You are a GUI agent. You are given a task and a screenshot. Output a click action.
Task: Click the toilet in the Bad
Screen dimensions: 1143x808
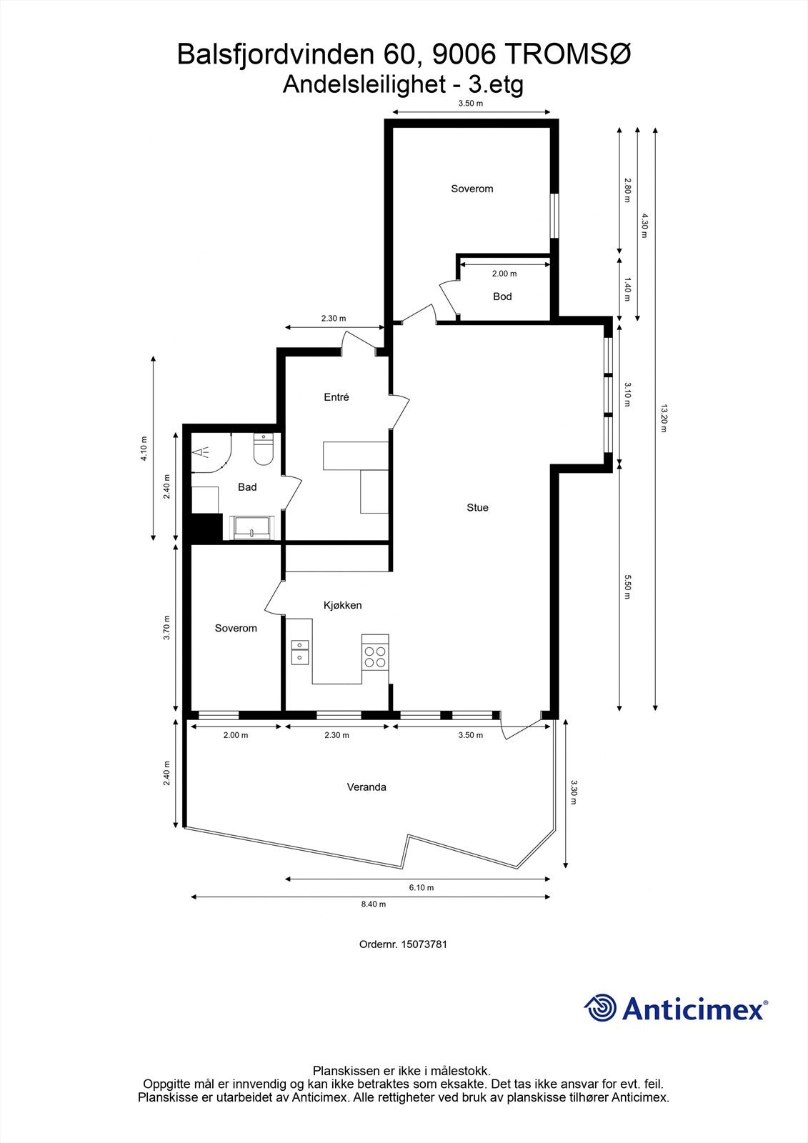pyautogui.click(x=264, y=451)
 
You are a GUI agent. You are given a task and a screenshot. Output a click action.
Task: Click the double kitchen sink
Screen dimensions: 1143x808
pyautogui.click(x=300, y=652)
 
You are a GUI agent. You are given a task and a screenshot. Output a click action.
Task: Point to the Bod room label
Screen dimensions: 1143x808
pyautogui.click(x=502, y=296)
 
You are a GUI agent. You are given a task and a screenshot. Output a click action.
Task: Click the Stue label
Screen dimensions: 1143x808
pyautogui.click(x=477, y=507)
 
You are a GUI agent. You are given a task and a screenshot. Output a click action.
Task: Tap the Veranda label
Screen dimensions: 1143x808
pyautogui.click(x=366, y=787)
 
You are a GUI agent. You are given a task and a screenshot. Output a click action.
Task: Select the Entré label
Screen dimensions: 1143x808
pyautogui.click(x=336, y=397)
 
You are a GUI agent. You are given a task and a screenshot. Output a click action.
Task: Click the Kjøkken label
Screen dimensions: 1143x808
pyautogui.click(x=342, y=605)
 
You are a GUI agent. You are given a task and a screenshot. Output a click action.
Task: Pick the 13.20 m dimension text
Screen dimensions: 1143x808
pyautogui.click(x=664, y=419)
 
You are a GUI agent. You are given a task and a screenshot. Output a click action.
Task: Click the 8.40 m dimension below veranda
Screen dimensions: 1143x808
pyautogui.click(x=373, y=904)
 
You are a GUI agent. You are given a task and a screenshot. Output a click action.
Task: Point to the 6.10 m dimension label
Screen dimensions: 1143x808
pyautogui.click(x=421, y=887)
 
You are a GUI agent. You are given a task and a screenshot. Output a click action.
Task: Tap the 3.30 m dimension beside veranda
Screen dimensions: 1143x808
pyautogui.click(x=574, y=792)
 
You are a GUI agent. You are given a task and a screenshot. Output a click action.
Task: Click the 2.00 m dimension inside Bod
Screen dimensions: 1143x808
pyautogui.click(x=504, y=274)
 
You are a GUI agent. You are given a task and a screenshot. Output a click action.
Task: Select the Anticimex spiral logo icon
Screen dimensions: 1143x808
pyautogui.click(x=600, y=1009)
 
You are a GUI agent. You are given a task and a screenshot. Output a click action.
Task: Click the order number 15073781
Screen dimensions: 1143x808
pyautogui.click(x=424, y=944)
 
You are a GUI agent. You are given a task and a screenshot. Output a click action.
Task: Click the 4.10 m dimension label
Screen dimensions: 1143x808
pyautogui.click(x=144, y=449)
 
